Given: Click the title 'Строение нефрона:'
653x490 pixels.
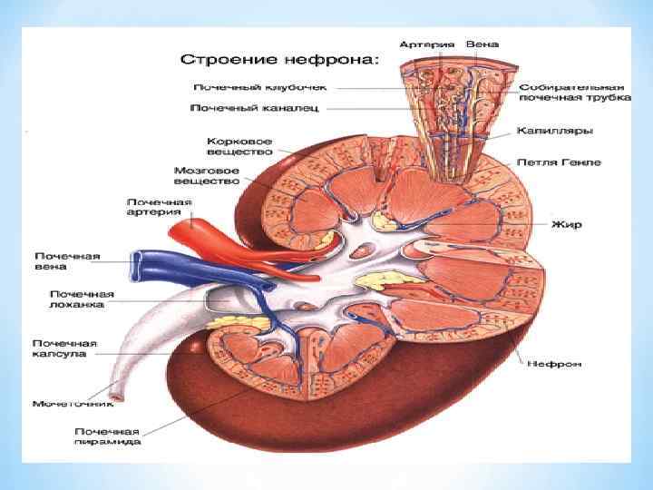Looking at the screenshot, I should click(x=278, y=60).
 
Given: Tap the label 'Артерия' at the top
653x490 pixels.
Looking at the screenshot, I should click(x=423, y=44).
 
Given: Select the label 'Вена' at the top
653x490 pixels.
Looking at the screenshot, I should click(x=482, y=44).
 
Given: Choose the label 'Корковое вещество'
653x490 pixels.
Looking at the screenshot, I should click(x=239, y=147).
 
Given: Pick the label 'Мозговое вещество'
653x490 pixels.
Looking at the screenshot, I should click(x=207, y=175).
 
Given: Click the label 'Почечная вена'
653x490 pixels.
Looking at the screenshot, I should click(x=68, y=262).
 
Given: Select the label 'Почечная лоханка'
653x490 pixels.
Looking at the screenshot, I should click(x=82, y=299).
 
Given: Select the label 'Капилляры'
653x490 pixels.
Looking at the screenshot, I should click(x=554, y=132).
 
